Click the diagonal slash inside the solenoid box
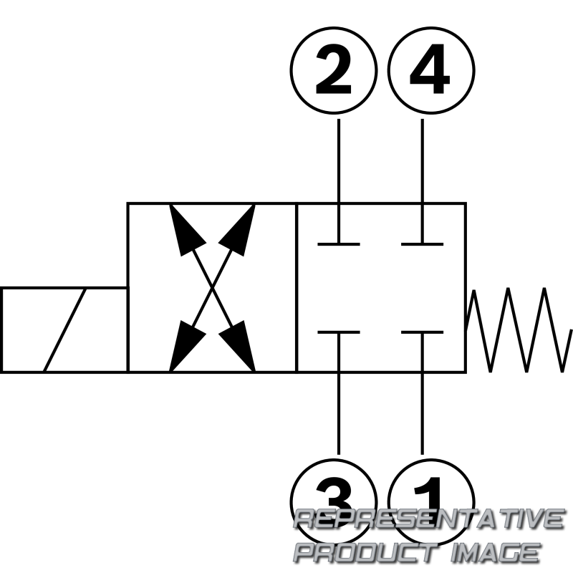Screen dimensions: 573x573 coord(64,330)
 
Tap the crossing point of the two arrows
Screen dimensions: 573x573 coord(212,288)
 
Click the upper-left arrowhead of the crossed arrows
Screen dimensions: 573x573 coord(186,227)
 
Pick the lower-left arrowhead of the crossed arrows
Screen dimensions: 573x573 coord(186,348)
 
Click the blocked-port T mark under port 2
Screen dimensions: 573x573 coord(339,244)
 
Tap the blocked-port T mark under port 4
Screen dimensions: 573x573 coord(423,244)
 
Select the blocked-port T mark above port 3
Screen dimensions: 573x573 coord(339,332)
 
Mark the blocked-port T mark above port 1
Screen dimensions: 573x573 coord(423,332)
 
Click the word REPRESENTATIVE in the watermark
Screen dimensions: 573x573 coord(429,519)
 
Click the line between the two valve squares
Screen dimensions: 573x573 coord(297,288)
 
